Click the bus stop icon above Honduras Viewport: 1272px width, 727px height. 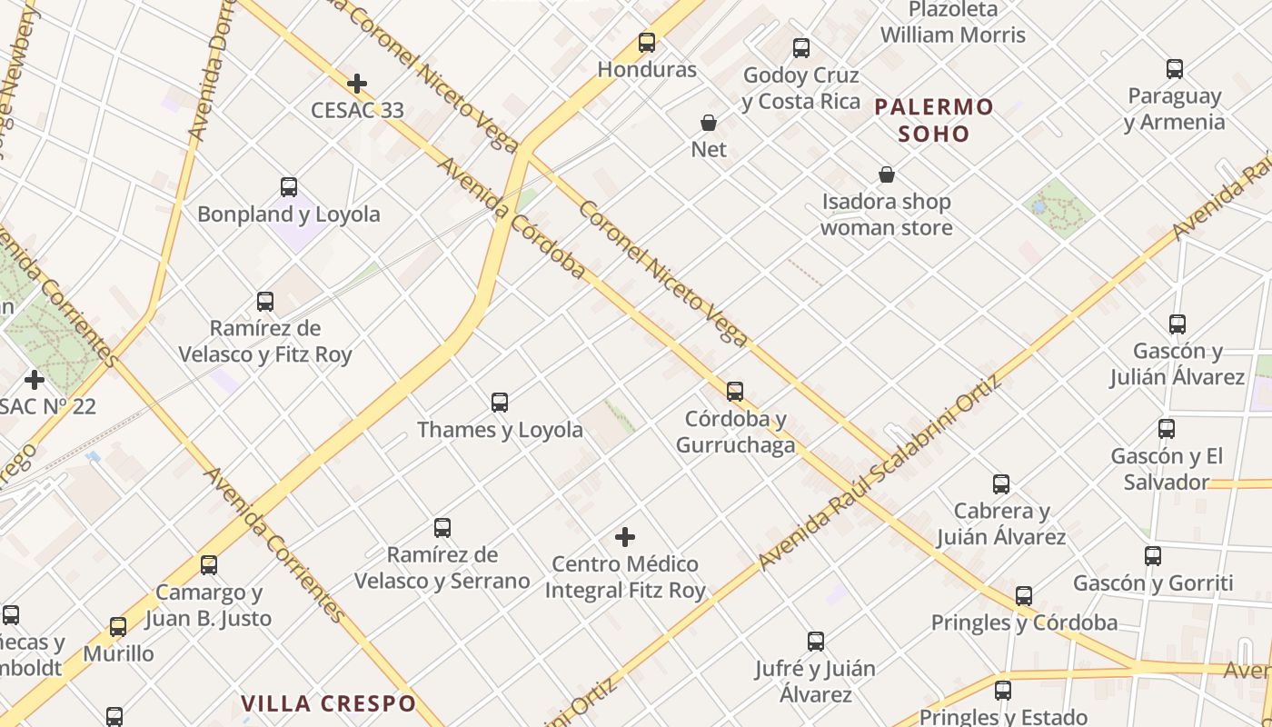(x=647, y=43)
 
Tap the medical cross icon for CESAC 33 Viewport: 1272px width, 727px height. (x=357, y=84)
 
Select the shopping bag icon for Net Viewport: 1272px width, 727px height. (x=709, y=123)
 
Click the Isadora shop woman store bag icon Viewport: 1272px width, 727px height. (x=887, y=174)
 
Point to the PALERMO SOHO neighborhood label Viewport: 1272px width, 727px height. (x=934, y=120)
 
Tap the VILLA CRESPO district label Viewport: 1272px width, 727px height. (x=328, y=703)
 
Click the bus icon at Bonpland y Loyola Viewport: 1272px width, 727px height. (x=289, y=188)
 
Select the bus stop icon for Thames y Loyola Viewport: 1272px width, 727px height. (x=500, y=403)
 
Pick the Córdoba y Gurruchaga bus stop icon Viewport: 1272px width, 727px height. (x=735, y=392)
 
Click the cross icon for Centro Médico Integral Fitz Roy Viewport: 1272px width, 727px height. (x=625, y=537)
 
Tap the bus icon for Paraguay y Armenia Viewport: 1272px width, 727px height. (x=1175, y=69)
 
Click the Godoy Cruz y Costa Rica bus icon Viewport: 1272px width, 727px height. (x=801, y=48)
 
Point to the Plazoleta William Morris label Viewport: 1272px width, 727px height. (x=952, y=24)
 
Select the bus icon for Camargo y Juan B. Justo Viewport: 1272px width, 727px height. (x=209, y=565)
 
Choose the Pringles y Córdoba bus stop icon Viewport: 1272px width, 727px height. (x=1024, y=596)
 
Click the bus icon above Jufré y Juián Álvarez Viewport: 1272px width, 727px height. (x=816, y=642)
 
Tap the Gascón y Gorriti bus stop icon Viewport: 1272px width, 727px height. (x=1153, y=556)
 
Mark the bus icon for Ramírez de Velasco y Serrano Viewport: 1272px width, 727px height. (x=442, y=528)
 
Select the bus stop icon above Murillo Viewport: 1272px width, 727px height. (x=118, y=627)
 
